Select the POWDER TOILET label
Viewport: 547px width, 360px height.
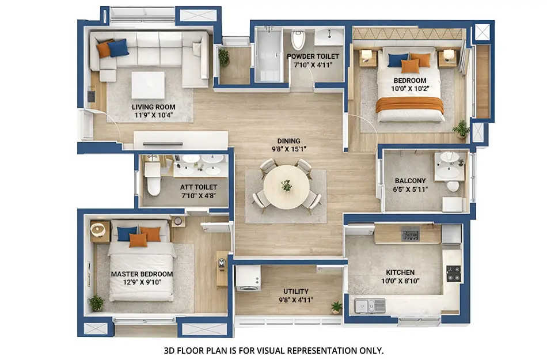coord(313,56)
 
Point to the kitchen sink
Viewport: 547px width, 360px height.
coord(369,305)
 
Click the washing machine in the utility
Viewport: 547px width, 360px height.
coord(248,278)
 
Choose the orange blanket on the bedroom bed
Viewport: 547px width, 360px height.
coord(410,104)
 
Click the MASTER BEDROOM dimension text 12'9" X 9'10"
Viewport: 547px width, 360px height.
coord(142,282)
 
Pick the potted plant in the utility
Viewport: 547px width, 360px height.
coord(336,307)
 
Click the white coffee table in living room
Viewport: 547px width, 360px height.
coord(148,85)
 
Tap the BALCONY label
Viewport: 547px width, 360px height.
coord(411,181)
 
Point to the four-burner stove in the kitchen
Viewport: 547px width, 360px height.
coord(454,273)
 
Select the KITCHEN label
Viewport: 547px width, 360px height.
coord(400,272)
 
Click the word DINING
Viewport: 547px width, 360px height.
coord(288,141)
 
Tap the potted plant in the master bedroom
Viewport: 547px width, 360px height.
coord(97,302)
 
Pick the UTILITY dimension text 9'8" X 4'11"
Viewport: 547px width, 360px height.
coord(295,300)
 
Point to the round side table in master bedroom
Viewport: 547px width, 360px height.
coord(98,230)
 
